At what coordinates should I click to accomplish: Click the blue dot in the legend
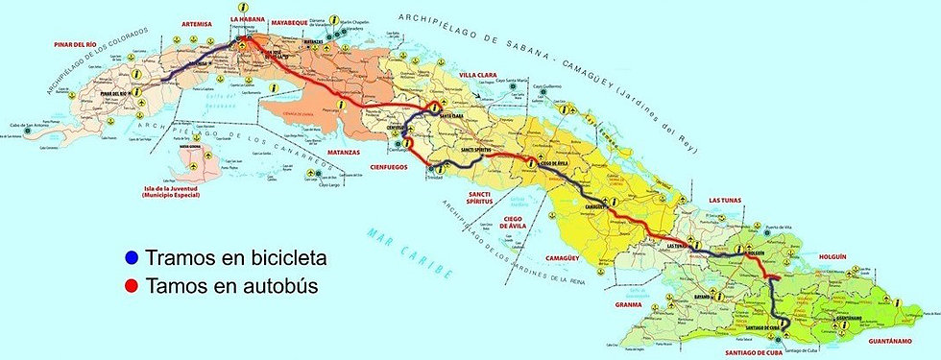132,258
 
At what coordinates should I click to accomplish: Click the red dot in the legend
132,285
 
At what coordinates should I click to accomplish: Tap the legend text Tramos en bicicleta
236,258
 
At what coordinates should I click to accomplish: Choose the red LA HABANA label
249,18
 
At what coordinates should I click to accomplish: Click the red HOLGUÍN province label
835,256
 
